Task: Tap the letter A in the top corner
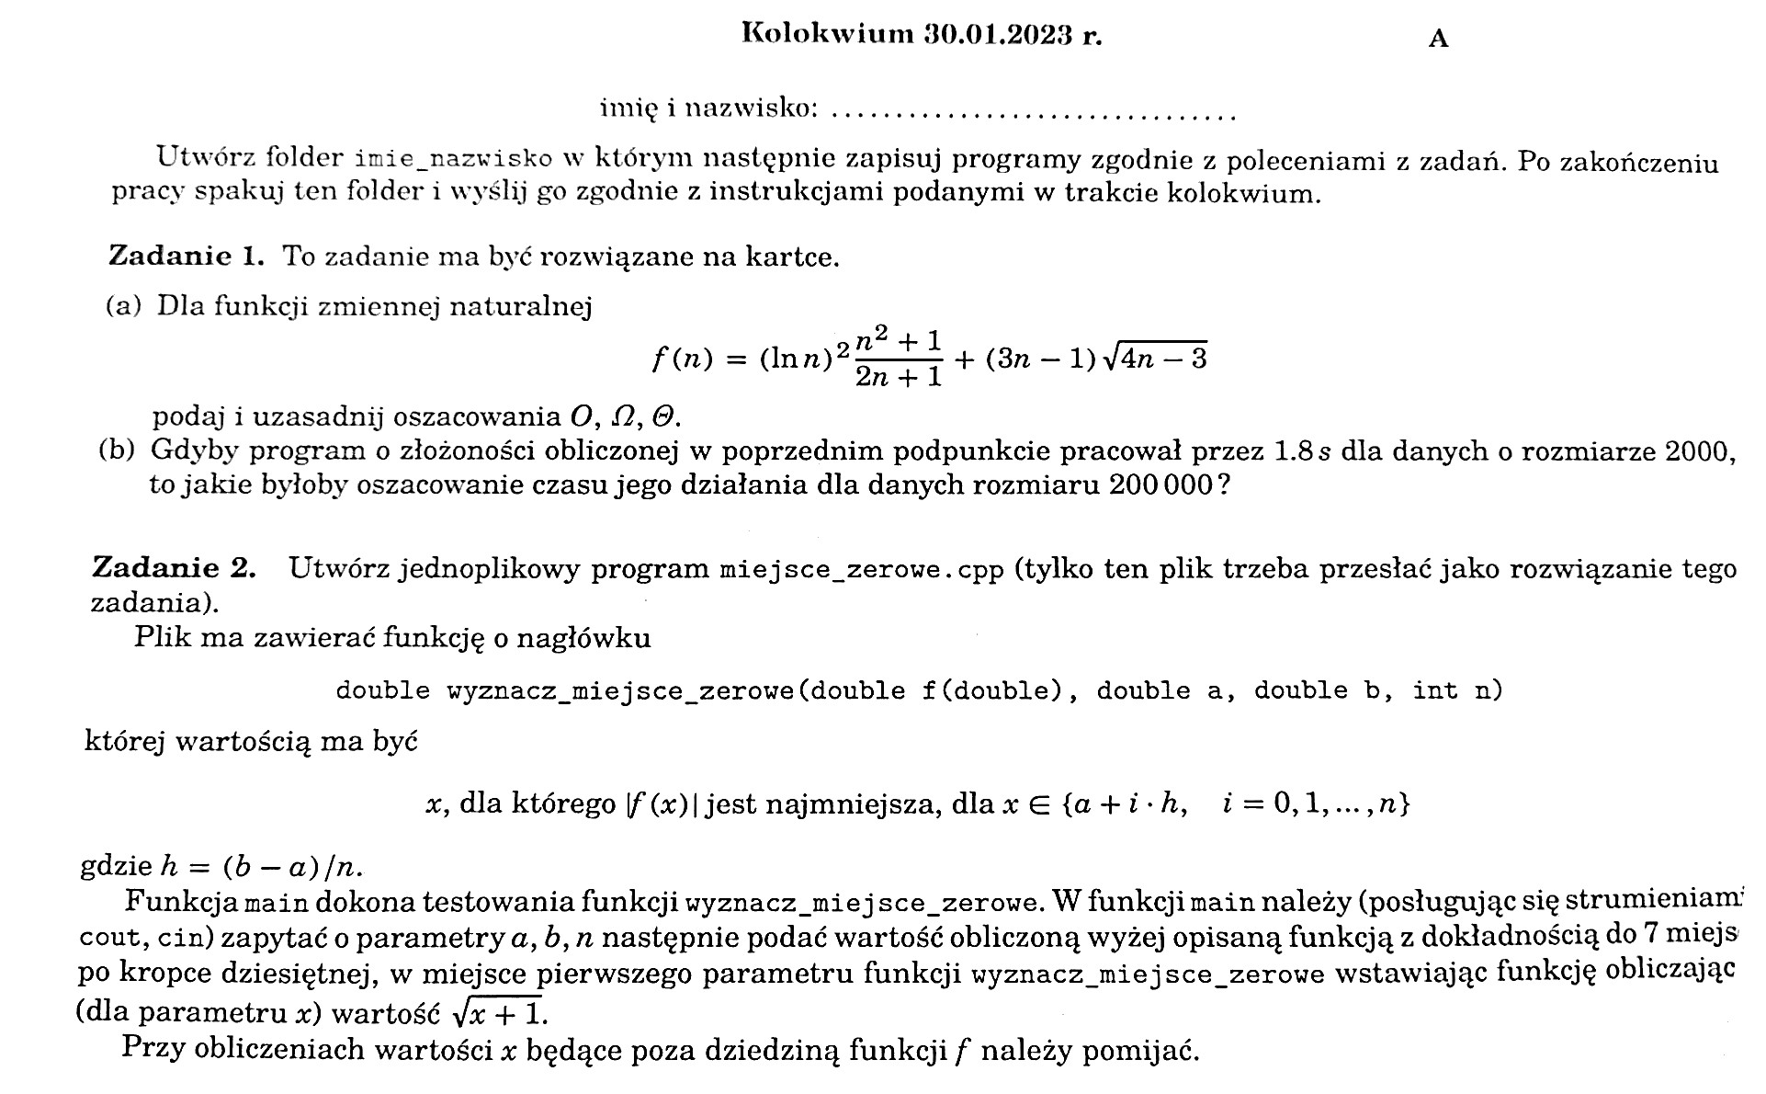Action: [1438, 39]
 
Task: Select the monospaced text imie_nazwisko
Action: [453, 159]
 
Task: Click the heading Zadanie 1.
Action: [187, 256]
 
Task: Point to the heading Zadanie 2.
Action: [174, 568]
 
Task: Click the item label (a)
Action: [124, 306]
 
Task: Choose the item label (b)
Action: [117, 450]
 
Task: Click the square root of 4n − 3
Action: [1154, 358]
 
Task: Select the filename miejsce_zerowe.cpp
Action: [862, 570]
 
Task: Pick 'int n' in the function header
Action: [1455, 690]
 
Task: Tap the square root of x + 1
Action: [497, 1013]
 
